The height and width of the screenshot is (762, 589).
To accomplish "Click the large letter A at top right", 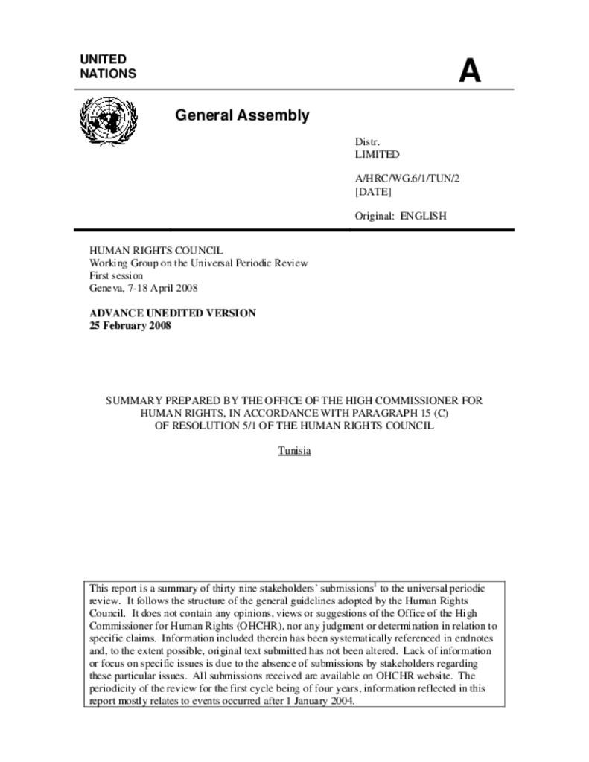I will click(470, 71).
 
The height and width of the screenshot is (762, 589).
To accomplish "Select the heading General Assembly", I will click(242, 115).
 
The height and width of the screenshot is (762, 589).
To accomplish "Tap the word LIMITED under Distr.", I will click(377, 155).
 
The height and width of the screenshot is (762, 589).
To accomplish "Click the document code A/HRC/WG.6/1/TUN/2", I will click(402, 179).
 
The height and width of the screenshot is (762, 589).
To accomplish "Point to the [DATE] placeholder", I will click(373, 192).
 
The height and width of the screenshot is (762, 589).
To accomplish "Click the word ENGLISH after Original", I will click(424, 217).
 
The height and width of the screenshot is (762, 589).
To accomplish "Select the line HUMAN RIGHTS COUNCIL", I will click(156, 251).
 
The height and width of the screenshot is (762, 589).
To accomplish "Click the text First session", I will click(116, 275).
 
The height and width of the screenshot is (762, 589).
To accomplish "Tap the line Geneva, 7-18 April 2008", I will click(144, 288).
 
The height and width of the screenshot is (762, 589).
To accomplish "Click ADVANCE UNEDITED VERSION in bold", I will click(173, 313).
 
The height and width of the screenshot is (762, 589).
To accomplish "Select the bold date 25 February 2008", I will click(130, 326).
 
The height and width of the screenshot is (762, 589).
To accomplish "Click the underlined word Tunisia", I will click(294, 451).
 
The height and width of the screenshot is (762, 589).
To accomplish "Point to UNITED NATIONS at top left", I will click(108, 66).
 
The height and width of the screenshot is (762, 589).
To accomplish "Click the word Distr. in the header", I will click(367, 142).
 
